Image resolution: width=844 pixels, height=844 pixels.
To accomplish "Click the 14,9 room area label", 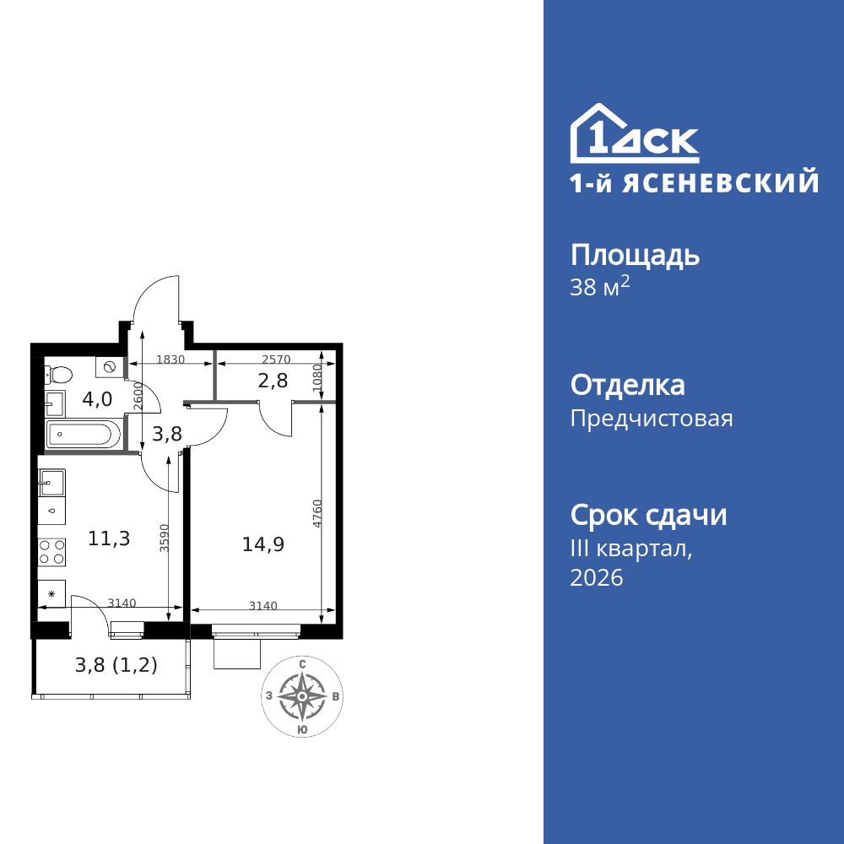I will [x=262, y=544].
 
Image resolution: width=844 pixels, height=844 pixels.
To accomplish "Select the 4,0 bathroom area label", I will [x=97, y=399].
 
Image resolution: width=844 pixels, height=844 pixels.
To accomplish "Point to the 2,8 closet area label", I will [x=273, y=380].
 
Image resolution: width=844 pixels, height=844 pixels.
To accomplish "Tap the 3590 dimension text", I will [x=165, y=538].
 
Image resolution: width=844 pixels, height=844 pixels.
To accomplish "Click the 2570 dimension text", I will [x=276, y=360].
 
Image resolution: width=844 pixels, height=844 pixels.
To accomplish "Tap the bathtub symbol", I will [x=80, y=436].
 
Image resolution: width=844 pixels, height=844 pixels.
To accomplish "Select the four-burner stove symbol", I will [x=51, y=551].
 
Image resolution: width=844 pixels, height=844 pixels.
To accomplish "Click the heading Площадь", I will [x=635, y=255].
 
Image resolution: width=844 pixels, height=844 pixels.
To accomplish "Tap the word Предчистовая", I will [x=652, y=419].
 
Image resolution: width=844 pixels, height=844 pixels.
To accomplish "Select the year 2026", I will [x=597, y=578].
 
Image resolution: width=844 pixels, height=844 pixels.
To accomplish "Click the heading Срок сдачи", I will [x=648, y=515].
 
